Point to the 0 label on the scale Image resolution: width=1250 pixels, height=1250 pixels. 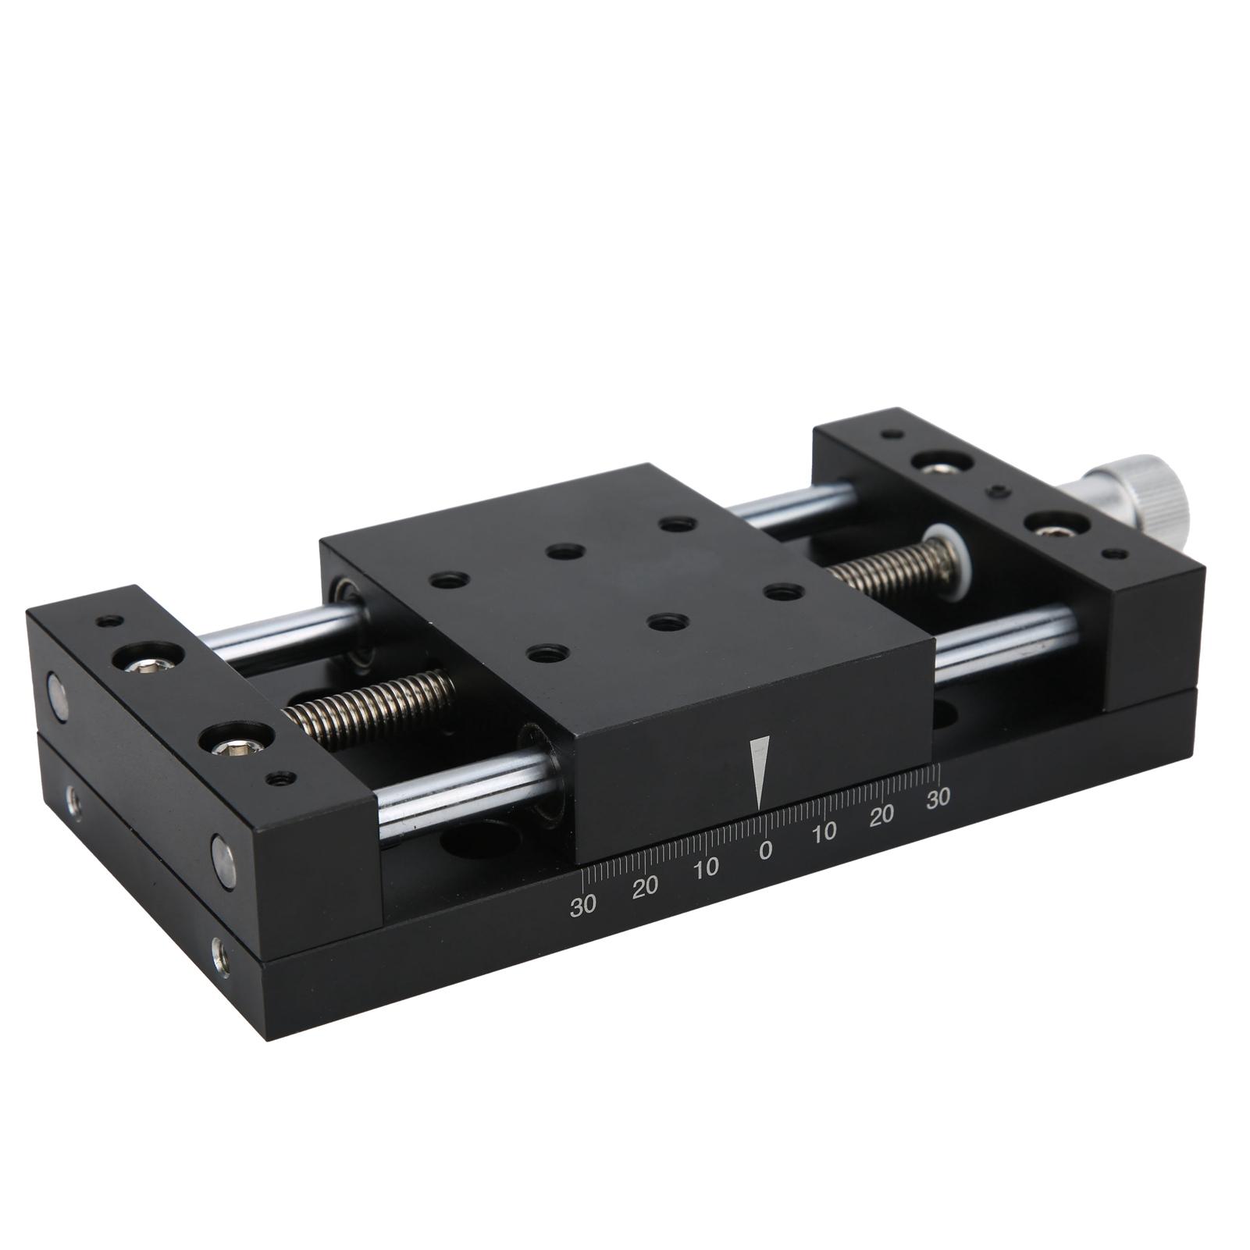(x=765, y=850)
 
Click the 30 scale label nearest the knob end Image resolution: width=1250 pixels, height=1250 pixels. (x=938, y=797)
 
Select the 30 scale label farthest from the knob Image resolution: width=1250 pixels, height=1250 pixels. (x=583, y=906)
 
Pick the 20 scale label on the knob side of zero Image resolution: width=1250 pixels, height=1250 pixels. (x=881, y=816)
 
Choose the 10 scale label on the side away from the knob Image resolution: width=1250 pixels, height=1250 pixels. (x=705, y=869)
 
